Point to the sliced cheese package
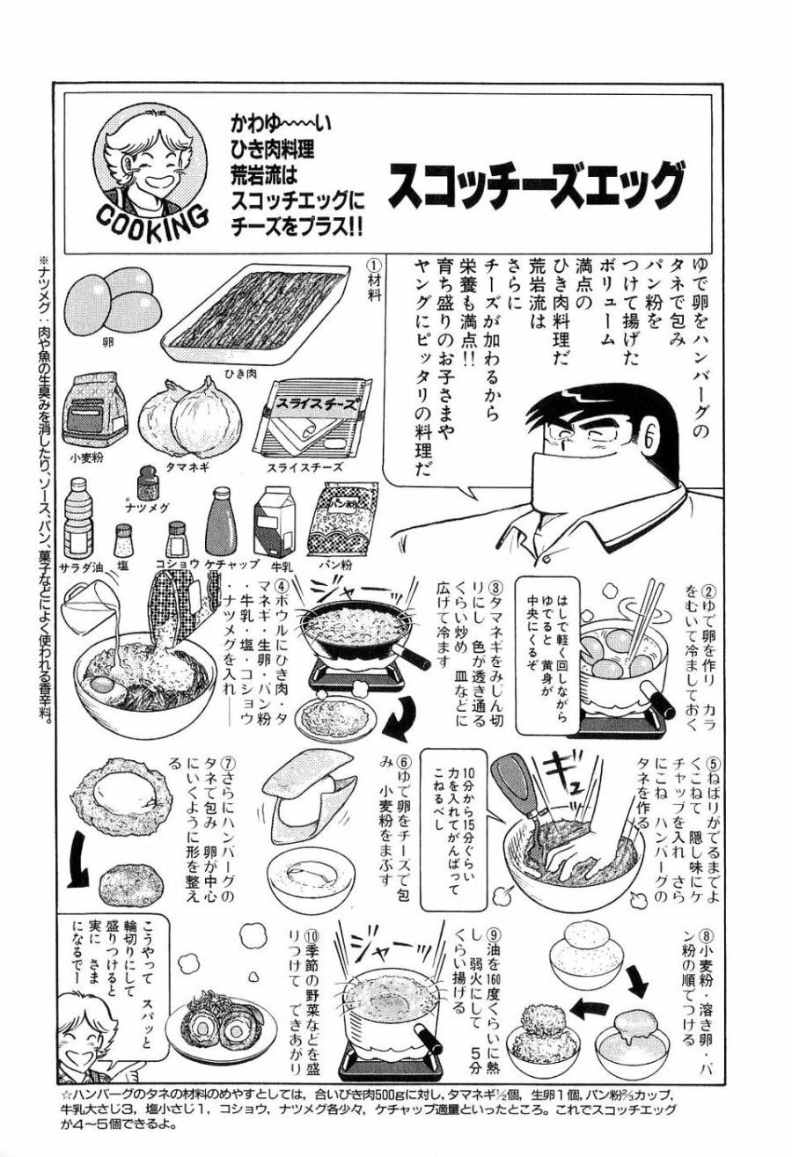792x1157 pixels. click(x=318, y=420)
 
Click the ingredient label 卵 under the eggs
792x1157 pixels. click(x=106, y=339)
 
